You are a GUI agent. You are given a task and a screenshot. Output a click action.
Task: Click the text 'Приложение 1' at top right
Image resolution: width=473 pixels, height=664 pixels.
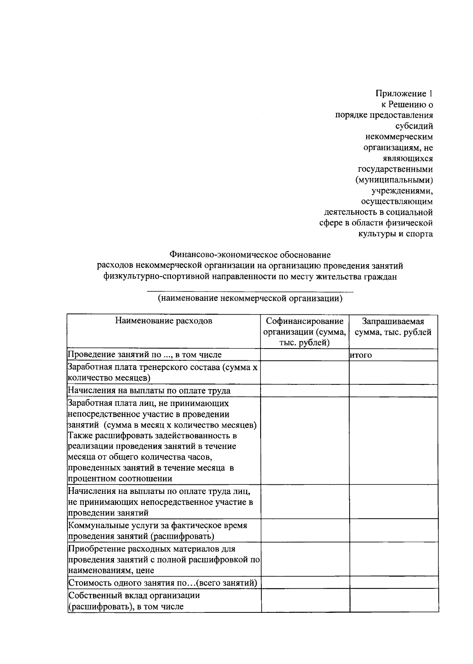404,94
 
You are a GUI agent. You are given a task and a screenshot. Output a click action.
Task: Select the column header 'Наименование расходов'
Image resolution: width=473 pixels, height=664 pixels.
164,321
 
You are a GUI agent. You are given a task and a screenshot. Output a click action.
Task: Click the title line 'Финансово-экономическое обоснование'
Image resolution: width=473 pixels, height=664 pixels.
250,255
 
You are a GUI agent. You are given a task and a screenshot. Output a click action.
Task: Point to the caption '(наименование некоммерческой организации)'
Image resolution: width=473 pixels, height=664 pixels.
250,298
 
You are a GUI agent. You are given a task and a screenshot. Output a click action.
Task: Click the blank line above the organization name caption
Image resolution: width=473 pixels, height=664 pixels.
250,291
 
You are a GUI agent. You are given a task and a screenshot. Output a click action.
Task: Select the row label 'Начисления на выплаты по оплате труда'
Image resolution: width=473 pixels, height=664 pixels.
149,391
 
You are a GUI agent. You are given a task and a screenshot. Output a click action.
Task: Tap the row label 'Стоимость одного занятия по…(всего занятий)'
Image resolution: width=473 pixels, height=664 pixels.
163,583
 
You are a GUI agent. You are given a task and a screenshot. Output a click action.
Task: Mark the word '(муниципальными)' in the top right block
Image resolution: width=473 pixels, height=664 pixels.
394,180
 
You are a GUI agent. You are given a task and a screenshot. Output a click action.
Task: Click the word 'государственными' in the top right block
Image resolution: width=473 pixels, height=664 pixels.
395,169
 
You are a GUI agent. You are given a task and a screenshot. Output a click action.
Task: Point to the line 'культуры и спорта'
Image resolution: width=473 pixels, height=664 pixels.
395,234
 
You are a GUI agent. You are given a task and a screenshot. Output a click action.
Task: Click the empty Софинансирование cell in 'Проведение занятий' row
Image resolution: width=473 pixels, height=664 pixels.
305,355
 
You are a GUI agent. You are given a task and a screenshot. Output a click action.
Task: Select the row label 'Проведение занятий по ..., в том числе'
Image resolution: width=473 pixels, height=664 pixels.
145,355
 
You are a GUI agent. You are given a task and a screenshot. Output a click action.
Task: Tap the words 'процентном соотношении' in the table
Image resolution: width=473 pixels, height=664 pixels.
120,479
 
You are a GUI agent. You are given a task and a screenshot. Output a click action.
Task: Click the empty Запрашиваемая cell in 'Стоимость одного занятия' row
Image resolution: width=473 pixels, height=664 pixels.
394,582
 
